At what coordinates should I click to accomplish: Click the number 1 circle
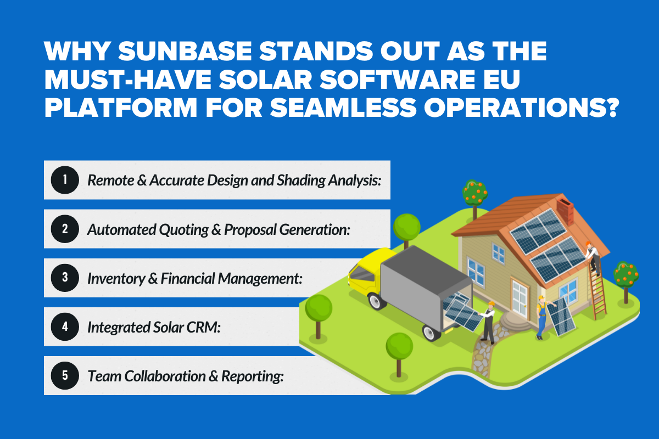coord(65,180)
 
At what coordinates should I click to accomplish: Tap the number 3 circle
coord(65,278)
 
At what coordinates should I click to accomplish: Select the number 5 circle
coord(65,375)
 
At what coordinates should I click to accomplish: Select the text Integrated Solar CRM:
coord(154,327)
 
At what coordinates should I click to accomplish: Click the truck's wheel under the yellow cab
coord(376,301)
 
